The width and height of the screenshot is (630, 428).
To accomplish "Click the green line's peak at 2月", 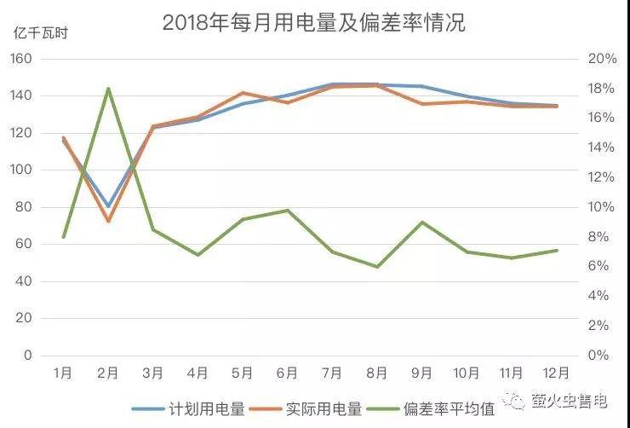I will click(108, 88).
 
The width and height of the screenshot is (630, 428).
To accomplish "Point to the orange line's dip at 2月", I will click(108, 222).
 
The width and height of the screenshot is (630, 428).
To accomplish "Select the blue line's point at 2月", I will click(108, 205).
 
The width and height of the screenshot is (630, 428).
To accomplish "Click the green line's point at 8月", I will click(376, 267).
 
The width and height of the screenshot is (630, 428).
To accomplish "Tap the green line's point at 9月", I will click(421, 222).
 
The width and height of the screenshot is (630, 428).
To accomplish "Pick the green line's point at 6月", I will click(288, 210).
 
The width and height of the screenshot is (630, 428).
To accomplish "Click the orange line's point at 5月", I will click(243, 93).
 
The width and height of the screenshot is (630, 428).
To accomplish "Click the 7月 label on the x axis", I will click(332, 373).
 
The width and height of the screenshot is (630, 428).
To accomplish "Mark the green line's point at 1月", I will click(64, 236).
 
